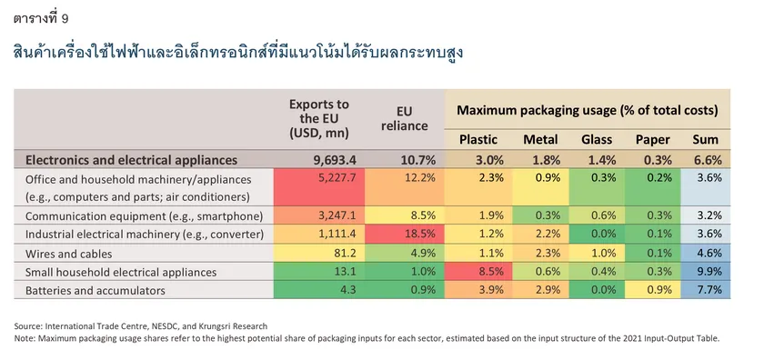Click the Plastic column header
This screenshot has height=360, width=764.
tap(478, 140)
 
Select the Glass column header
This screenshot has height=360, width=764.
tap(597, 140)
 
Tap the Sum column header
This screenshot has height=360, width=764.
tap(706, 140)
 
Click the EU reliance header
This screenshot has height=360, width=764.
tap(404, 118)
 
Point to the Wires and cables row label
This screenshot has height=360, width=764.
tap(69, 254)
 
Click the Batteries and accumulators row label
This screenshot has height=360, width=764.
tap(95, 291)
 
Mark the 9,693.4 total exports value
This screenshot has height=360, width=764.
tap(333, 160)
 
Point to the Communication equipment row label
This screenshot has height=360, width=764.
tap(145, 215)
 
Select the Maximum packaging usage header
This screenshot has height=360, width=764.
tap(588, 110)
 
